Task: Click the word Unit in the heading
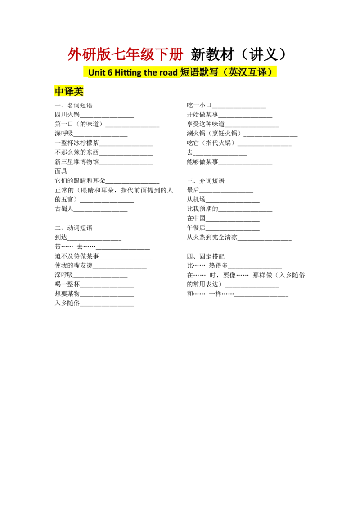tap(97, 73)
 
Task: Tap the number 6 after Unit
tap(111, 73)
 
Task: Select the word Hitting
tap(129, 73)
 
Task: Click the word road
tap(169, 73)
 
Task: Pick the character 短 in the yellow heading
tap(185, 72)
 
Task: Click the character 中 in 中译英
tap(59, 92)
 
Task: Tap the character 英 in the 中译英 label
tap(79, 92)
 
